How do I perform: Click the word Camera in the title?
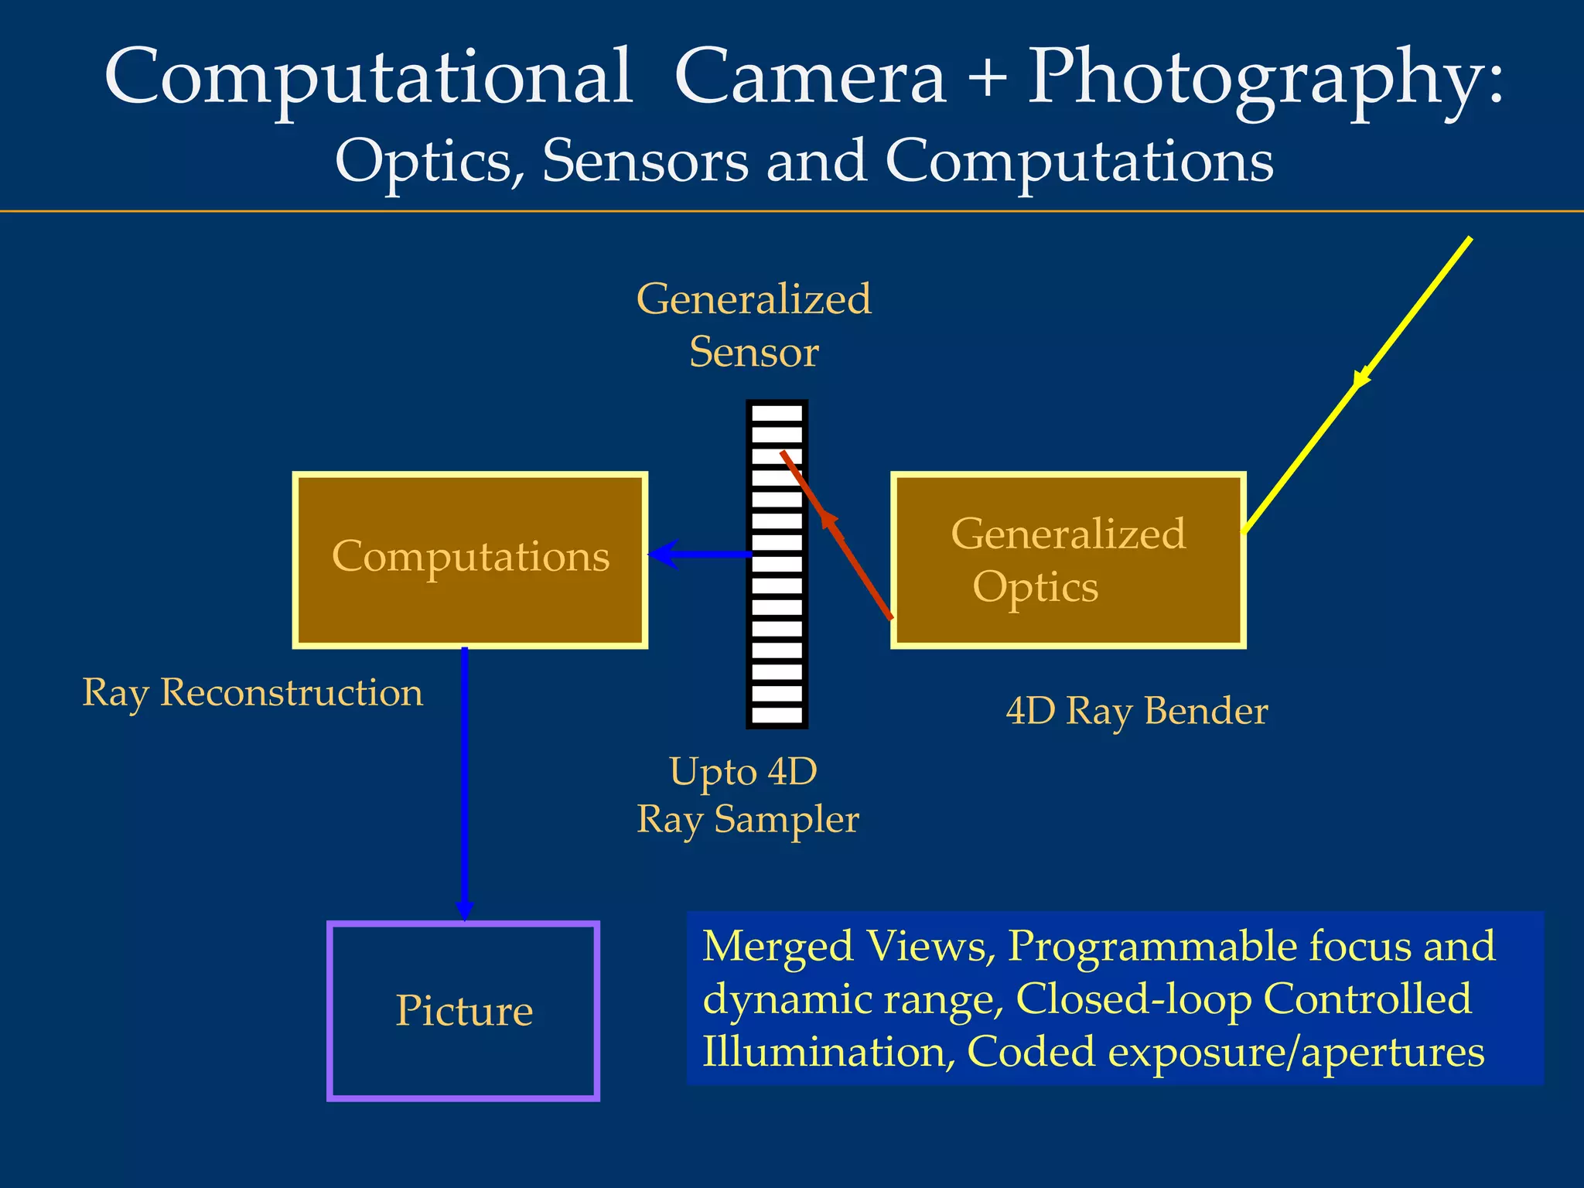click(x=810, y=77)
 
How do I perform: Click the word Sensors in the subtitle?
click(x=645, y=162)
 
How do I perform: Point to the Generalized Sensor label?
click(x=753, y=325)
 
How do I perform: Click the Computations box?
click(x=469, y=559)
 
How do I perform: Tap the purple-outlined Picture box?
click(x=463, y=1010)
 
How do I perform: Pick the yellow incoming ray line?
click(x=1358, y=383)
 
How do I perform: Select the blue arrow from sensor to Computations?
click(x=700, y=555)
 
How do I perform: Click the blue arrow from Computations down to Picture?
click(x=464, y=781)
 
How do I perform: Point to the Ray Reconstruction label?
click(x=253, y=692)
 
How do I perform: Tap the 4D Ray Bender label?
click(x=1136, y=712)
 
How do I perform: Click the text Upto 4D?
click(x=742, y=772)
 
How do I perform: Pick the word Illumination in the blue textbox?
click(x=823, y=1053)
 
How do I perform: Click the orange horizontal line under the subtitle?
click(x=792, y=211)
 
